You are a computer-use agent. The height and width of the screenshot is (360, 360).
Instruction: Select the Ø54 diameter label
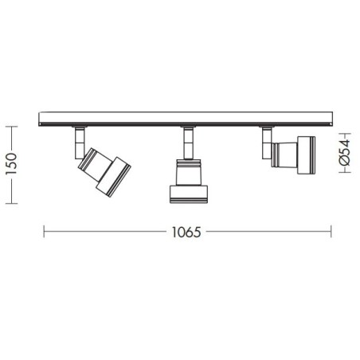[344, 152]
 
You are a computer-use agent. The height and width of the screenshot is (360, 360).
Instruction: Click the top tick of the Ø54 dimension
[343, 134]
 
